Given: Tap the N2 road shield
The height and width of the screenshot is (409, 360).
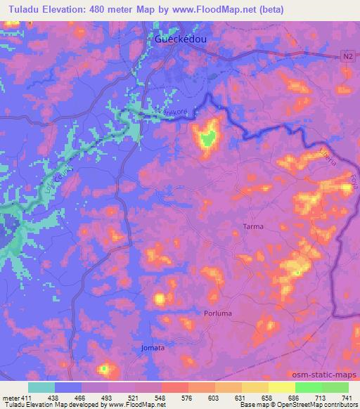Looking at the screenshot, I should tap(349, 56).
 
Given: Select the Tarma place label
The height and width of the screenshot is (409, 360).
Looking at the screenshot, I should tap(252, 227).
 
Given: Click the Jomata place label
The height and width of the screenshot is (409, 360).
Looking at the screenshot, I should tap(153, 348).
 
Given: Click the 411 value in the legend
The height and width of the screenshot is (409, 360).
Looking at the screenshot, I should tap(27, 397).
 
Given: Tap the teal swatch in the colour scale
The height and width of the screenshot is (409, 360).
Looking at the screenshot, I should tap(41, 387).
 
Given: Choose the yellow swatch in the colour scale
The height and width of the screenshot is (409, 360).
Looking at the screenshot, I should tap(281, 387).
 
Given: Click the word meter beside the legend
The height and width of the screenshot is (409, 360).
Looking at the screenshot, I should tap(10, 397).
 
